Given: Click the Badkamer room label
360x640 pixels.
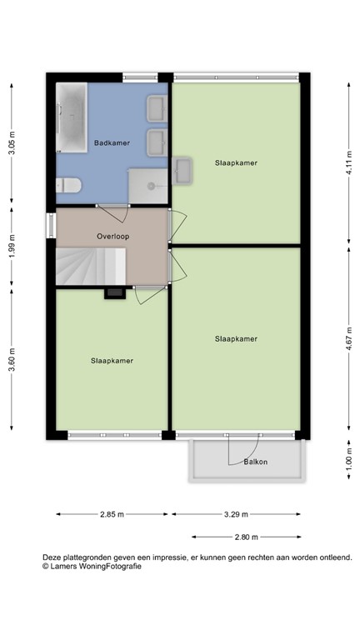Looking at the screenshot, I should tap(112, 142).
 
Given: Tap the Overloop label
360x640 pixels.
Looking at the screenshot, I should tap(112, 235).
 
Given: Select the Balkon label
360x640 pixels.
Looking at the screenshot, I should tap(256, 462).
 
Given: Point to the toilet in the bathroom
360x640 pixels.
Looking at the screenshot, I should tap(67, 186).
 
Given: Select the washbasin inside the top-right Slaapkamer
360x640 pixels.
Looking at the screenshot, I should tap(182, 172).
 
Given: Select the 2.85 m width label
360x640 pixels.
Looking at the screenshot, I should tap(112, 514).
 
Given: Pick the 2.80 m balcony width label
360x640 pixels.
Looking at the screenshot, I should tap(246, 537).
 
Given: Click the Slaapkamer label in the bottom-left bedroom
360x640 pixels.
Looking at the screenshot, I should tap(112, 361).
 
